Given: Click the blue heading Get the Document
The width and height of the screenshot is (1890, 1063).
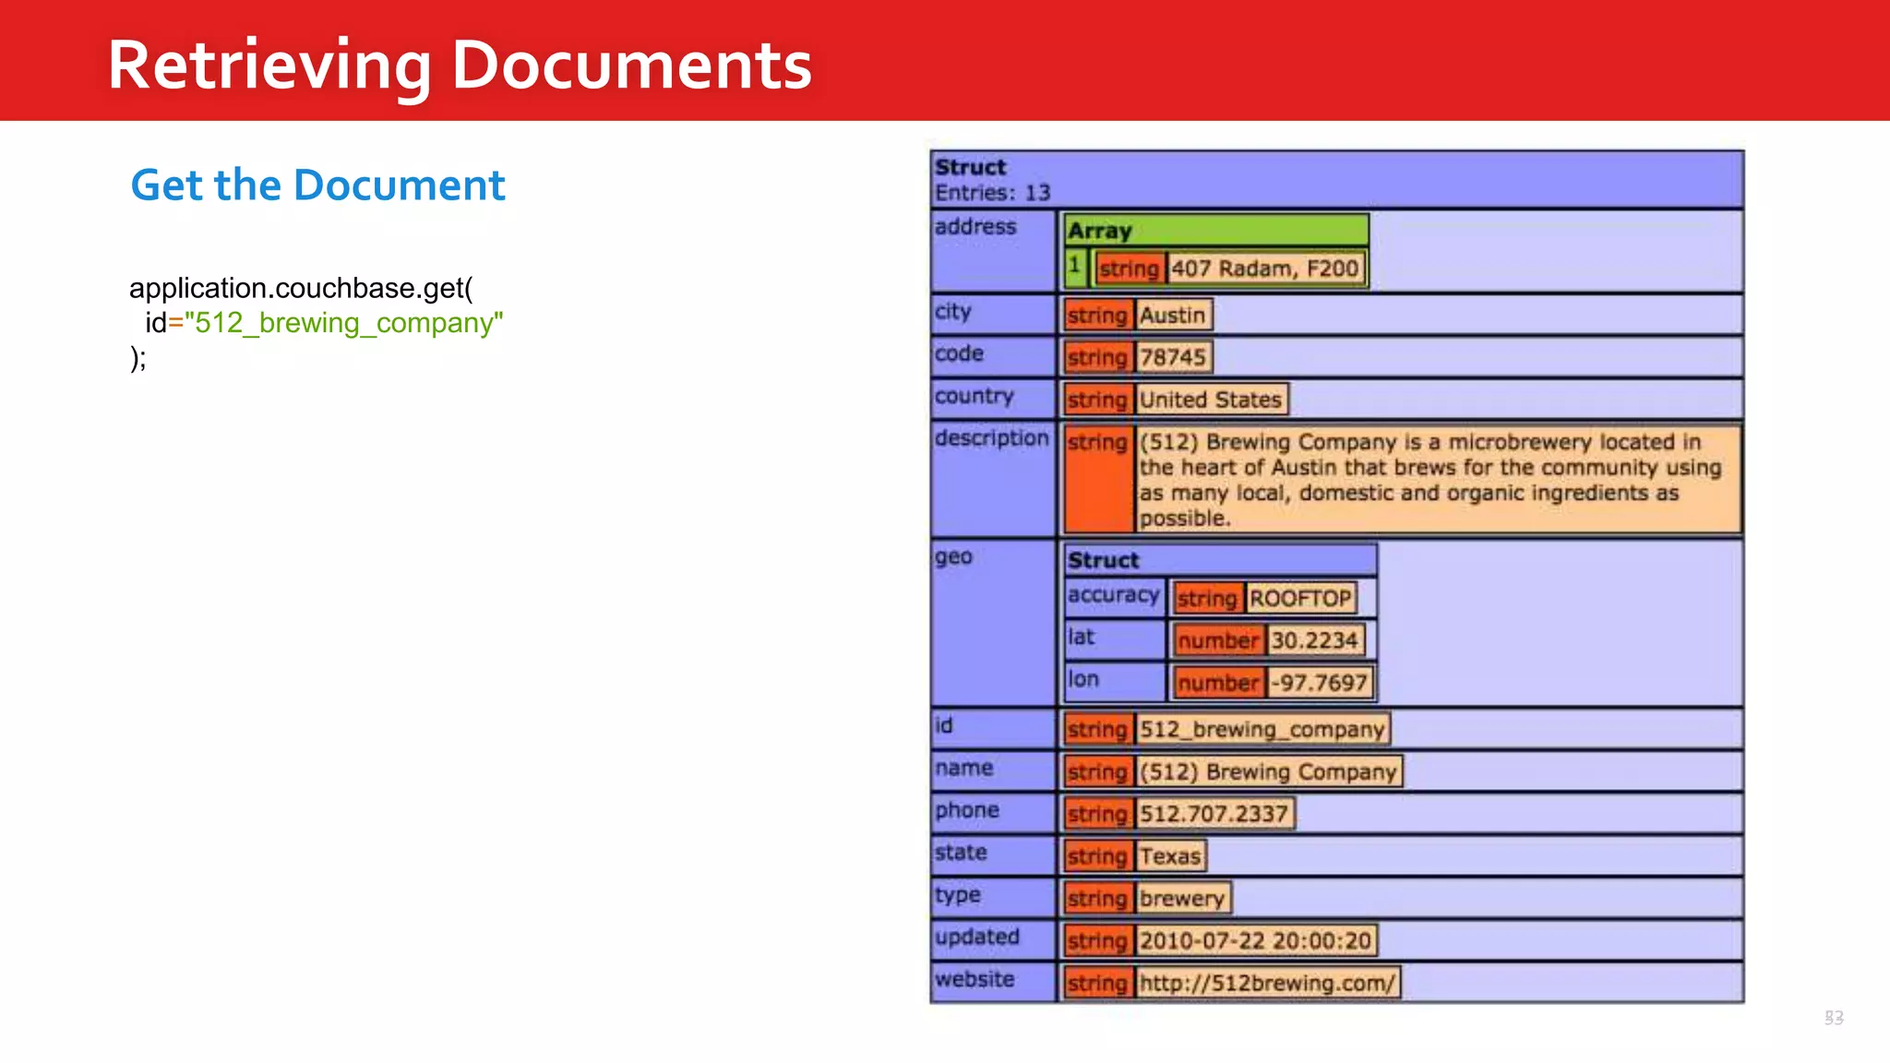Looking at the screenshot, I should (x=317, y=185).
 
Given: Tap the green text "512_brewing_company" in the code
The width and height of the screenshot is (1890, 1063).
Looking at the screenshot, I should (x=343, y=323).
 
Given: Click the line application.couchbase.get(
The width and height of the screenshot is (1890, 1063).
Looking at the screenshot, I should (x=301, y=288).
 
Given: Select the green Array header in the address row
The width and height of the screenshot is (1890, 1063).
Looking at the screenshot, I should (x=1215, y=230).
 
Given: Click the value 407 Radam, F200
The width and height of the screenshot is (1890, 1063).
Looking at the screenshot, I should (x=1264, y=269).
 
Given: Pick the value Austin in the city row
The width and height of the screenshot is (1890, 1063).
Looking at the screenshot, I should (x=1172, y=315).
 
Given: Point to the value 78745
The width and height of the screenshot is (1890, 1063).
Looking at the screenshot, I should (x=1172, y=357).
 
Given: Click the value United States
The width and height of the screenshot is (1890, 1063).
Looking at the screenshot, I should (x=1210, y=400).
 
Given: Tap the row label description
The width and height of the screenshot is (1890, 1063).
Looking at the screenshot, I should (x=991, y=438).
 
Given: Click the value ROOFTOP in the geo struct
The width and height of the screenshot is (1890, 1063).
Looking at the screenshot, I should (x=1299, y=598).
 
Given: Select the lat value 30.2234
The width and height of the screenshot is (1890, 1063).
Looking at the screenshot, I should (x=1314, y=640).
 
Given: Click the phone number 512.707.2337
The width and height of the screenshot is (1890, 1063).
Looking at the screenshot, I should (x=1213, y=814).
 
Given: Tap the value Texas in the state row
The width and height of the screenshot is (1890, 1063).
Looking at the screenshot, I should (x=1169, y=856).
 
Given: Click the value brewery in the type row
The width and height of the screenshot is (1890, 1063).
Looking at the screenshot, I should (x=1181, y=899).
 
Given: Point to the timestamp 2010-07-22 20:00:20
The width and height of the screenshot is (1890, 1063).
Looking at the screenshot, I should (x=1255, y=940).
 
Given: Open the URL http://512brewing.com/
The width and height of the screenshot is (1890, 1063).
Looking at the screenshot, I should (x=1266, y=983).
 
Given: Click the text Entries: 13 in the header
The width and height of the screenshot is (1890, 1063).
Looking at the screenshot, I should (x=992, y=193).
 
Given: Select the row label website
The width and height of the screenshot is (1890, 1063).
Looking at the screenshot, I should (x=975, y=979).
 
